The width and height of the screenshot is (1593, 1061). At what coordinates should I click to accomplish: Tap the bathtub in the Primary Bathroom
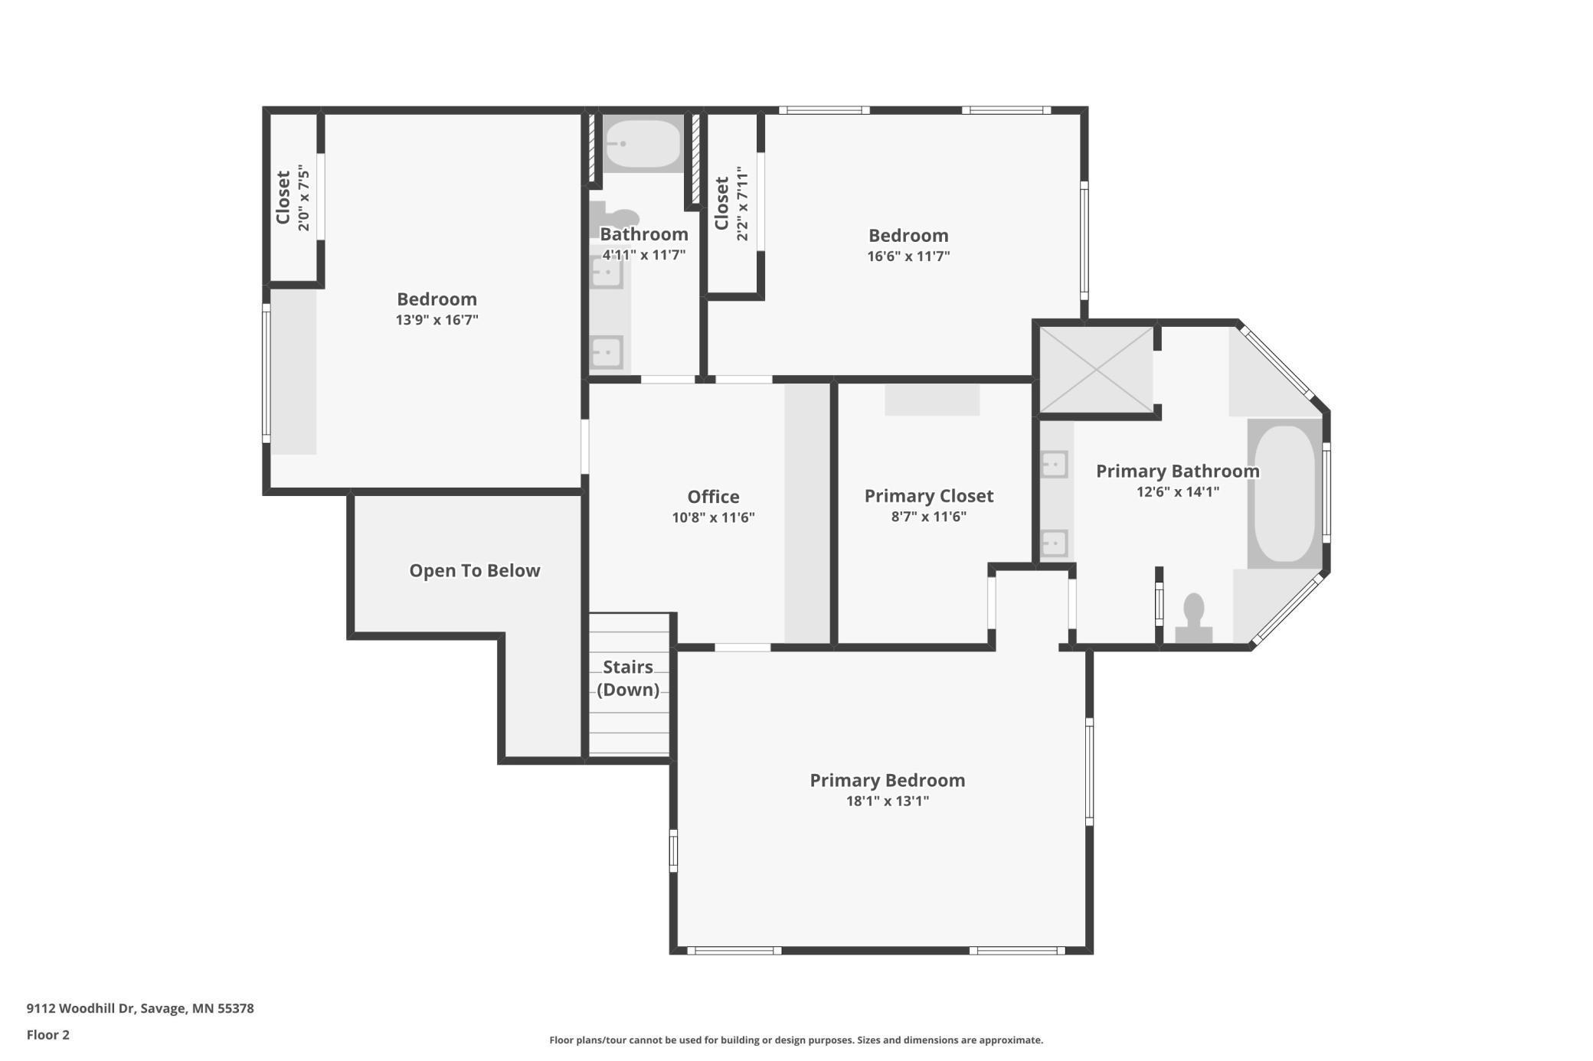(1284, 494)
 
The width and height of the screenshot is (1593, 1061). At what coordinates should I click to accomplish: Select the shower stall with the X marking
(1096, 370)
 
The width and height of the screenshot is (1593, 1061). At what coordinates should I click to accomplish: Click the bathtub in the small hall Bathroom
(643, 143)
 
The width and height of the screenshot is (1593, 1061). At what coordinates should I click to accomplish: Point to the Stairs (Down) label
(628, 677)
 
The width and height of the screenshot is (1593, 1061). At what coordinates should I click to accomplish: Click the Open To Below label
(474, 570)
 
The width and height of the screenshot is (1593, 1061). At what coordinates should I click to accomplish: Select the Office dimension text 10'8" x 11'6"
(713, 517)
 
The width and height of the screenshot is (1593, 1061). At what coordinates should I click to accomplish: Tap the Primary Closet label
(928, 496)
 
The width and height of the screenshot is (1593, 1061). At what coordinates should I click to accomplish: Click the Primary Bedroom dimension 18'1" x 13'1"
(887, 801)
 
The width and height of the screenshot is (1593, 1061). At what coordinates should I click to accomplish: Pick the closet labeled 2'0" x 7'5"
(293, 198)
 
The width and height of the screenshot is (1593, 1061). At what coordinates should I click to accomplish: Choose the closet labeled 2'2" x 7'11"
(731, 204)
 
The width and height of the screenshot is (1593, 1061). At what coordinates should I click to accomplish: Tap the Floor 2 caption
(48, 1035)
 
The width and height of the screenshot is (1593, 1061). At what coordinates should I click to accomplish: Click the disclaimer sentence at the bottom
(796, 1040)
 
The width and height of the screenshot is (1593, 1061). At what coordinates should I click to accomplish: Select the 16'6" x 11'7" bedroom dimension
(908, 256)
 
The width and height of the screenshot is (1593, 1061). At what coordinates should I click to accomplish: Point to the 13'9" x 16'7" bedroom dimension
(437, 320)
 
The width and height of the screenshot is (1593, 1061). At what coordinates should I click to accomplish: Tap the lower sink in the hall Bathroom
(607, 353)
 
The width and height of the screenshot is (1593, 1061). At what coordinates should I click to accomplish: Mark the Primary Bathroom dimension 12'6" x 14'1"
(1177, 491)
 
